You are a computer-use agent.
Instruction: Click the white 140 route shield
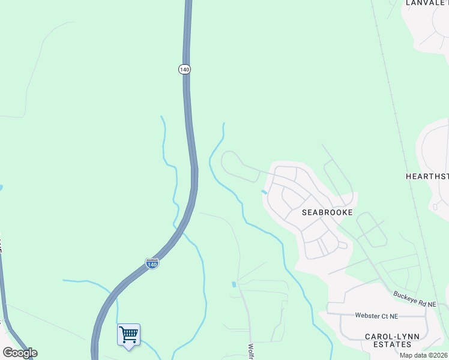(x=184, y=70)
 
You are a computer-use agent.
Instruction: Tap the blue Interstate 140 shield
(x=152, y=263)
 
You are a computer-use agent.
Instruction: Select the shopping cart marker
(x=128, y=335)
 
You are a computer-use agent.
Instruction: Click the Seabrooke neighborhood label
(x=327, y=212)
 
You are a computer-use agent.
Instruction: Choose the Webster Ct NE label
(x=376, y=316)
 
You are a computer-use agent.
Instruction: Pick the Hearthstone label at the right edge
(x=427, y=176)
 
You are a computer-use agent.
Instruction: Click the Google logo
(x=20, y=353)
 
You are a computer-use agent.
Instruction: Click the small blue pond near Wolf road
(x=234, y=284)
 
